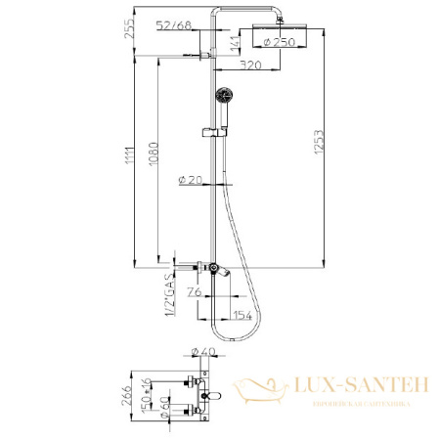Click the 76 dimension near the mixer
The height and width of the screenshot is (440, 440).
[193, 290]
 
